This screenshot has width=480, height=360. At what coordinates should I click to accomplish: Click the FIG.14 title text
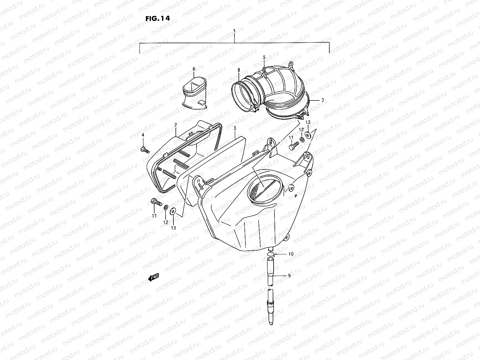point(157,18)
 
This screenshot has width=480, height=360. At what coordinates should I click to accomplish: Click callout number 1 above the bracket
point(234,31)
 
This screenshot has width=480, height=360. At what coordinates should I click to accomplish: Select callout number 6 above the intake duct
point(194,69)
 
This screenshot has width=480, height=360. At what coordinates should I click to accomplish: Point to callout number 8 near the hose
point(239,70)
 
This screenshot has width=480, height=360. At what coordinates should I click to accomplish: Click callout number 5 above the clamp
point(264,57)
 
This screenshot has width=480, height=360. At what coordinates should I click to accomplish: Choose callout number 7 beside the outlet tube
point(322,100)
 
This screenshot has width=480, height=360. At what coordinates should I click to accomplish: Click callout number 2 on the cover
point(175,124)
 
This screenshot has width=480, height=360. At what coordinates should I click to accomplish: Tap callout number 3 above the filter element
point(235,128)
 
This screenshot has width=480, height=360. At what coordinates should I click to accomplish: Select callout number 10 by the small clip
point(291,254)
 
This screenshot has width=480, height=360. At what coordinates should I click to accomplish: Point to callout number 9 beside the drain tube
point(289,275)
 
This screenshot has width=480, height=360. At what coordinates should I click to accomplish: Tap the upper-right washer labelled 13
point(308,135)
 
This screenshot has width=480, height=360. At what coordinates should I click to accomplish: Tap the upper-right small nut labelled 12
point(301,139)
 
